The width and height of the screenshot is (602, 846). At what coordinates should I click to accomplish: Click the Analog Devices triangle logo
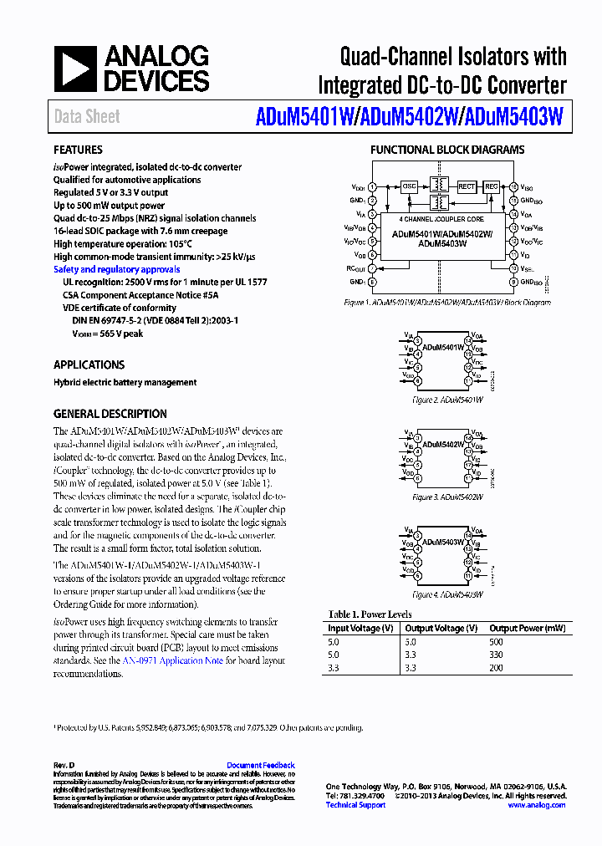click(x=76, y=69)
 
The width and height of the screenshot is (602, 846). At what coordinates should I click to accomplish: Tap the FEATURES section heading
click(x=78, y=150)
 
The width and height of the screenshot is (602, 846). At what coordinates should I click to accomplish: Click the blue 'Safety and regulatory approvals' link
click(x=116, y=269)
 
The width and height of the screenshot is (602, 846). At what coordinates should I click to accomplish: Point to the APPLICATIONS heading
click(x=89, y=364)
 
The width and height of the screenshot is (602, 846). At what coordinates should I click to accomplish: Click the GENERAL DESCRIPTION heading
click(x=110, y=414)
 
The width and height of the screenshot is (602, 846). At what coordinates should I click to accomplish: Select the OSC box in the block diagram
click(x=409, y=186)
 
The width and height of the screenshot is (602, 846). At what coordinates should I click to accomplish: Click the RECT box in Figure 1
click(x=467, y=186)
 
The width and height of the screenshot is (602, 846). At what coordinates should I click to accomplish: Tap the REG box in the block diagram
click(x=492, y=186)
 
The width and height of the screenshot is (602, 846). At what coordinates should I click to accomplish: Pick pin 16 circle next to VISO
click(x=513, y=187)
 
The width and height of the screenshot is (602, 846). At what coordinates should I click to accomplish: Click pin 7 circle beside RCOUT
click(x=371, y=268)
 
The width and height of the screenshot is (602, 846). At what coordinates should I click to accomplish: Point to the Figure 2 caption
click(x=448, y=400)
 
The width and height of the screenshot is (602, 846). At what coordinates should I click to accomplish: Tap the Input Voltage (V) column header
click(x=360, y=628)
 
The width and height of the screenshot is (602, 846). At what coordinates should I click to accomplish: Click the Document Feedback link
click(x=261, y=765)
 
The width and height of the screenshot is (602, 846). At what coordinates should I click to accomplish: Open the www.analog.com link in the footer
click(x=536, y=805)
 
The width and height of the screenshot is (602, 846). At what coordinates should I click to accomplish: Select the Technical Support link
click(x=355, y=805)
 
